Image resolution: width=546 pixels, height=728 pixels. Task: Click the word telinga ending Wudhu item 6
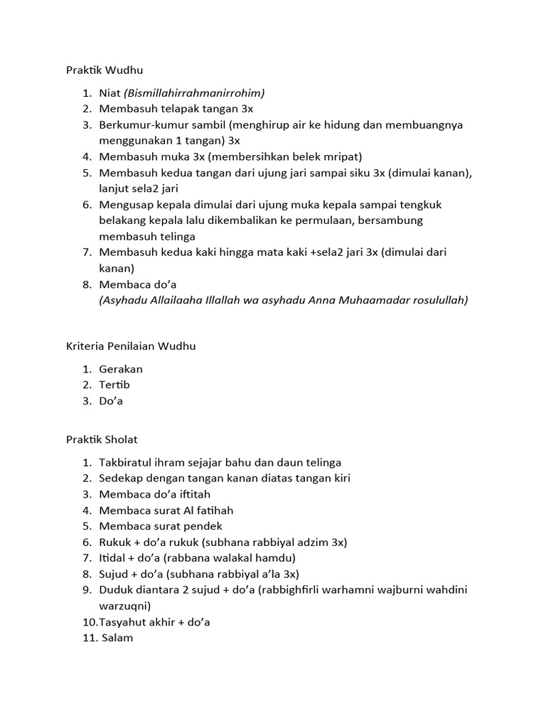coord(176,236)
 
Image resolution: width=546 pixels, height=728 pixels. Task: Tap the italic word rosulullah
coord(437,300)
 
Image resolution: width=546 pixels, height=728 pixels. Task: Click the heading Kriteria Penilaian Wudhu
coord(130,346)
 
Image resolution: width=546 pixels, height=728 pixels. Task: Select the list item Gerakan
coord(121,369)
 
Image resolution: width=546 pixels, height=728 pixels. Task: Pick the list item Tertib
coord(114,385)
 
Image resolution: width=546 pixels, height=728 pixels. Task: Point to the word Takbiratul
coord(127,462)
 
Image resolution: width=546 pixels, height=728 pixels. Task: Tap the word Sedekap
coord(122,478)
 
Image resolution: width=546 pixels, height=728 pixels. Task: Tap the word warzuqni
coord(124,606)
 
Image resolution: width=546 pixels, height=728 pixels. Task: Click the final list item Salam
coord(117,638)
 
